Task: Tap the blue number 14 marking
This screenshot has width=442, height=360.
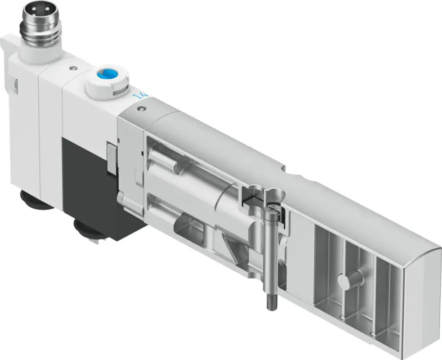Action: [x=140, y=95]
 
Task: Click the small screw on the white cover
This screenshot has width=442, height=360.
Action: [x=73, y=67]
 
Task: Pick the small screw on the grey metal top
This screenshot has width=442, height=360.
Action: [x=141, y=108]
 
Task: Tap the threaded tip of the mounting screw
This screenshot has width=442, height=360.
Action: [x=271, y=301]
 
